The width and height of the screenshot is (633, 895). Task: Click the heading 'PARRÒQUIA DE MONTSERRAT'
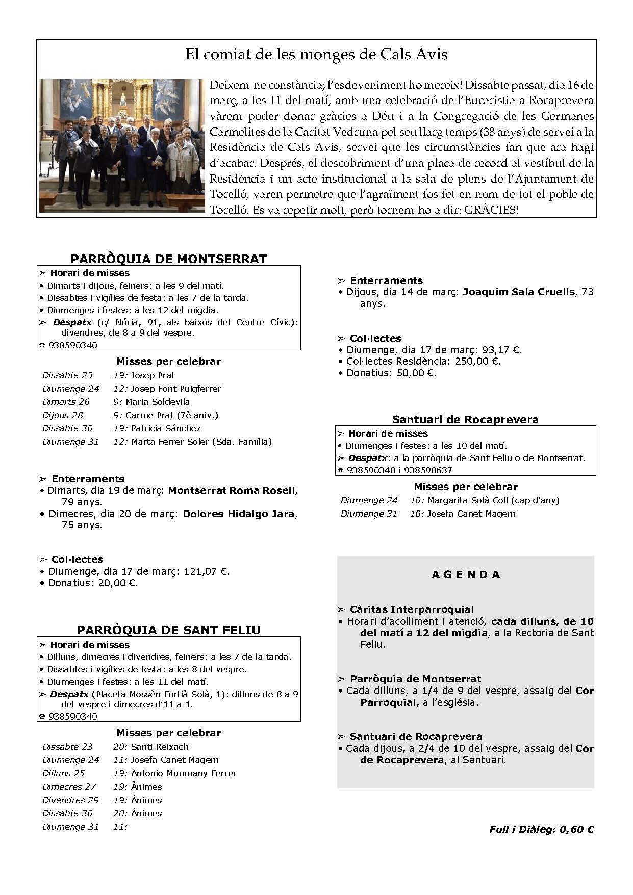pos(168,259)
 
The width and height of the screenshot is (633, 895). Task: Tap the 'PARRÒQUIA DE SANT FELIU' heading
pos(168,630)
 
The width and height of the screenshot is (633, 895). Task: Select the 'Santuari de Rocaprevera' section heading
pos(465,420)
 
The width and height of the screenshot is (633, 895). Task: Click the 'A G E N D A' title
pos(466,575)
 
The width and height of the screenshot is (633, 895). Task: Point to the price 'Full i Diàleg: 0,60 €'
pos(541,829)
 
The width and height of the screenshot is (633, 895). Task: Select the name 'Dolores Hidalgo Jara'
pos(238,514)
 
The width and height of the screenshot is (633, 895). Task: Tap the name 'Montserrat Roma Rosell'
pos(232,491)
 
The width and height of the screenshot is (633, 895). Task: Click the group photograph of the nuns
pos(122,145)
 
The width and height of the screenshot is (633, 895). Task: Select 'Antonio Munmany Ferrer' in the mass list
pos(184,773)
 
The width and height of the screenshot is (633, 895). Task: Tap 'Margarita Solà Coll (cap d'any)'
pos(493,500)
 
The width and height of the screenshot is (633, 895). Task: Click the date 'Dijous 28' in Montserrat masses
pos(63,415)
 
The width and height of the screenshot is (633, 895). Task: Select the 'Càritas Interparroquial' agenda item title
pos(412,609)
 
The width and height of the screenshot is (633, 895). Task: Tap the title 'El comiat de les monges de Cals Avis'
pos(316,55)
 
